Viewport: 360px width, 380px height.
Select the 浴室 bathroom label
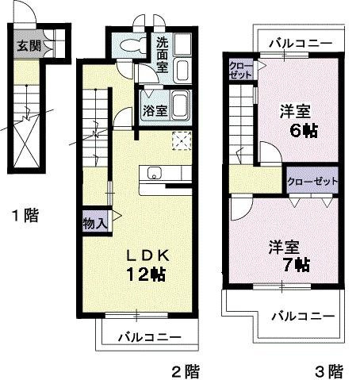coord(154,109)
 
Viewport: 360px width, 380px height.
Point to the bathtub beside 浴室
coord(181,106)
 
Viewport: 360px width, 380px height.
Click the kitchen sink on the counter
coord(154,173)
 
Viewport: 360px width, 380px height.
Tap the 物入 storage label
coord(94,223)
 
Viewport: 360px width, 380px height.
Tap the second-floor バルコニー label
coord(149,338)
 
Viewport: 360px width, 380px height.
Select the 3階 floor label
coord(327,370)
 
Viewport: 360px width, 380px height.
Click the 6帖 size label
coord(302,130)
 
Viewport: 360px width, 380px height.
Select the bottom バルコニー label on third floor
coord(301,316)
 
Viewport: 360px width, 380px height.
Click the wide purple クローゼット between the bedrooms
coord(312,181)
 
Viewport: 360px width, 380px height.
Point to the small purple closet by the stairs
coord(240,68)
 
